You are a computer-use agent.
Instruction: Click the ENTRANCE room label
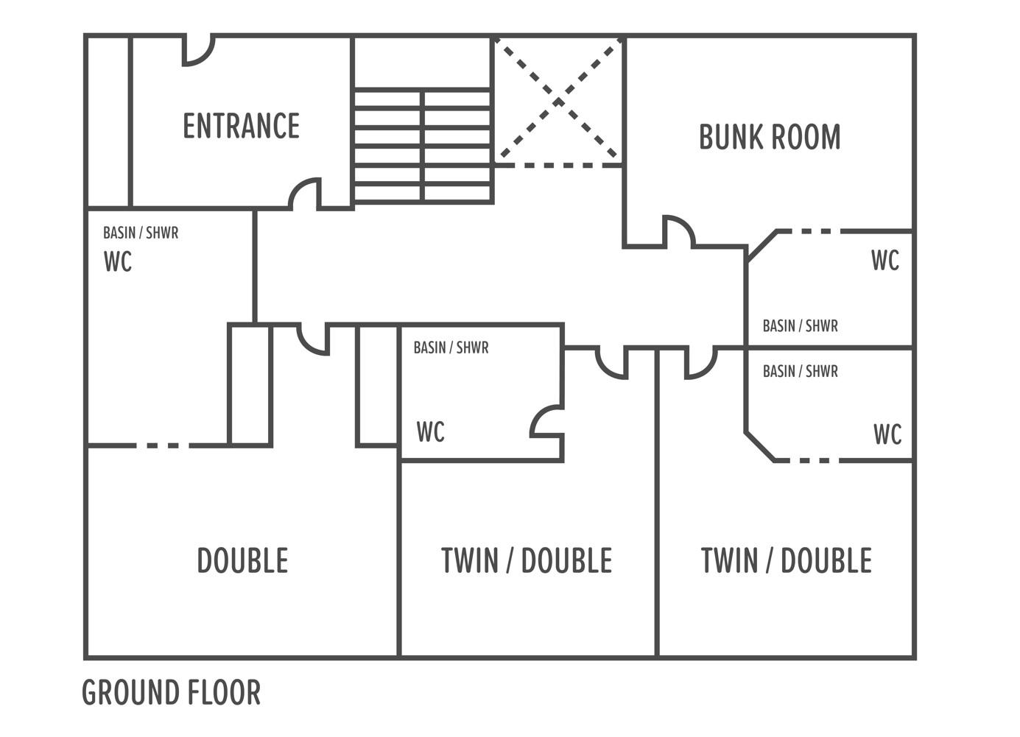coord(242,126)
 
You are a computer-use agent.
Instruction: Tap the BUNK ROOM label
coord(770,136)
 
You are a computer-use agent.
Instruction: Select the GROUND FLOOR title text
coord(171,692)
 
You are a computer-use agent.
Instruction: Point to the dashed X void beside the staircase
coord(559,101)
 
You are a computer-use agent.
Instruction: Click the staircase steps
coord(423,146)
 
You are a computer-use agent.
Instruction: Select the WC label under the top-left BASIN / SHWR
coord(118,261)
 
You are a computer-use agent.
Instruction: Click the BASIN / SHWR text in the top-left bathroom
coord(141,233)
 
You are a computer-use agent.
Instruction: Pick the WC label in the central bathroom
coord(430,432)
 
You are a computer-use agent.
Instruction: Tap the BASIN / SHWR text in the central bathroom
coord(451,348)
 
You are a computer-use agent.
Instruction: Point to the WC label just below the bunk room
coord(885,261)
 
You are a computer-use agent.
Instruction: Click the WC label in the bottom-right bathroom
coord(887,434)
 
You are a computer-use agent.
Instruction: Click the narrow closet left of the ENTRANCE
coord(108,121)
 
